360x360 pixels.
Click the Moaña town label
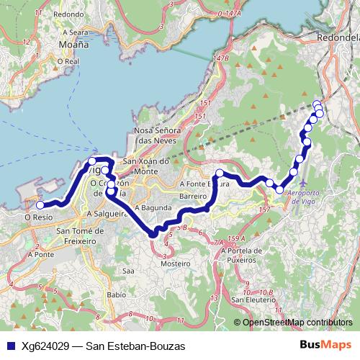[72, 45]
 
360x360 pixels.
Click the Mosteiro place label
[176, 265]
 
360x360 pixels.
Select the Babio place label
[115, 294]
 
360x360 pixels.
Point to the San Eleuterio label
[249, 300]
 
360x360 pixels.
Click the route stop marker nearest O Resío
[40, 205]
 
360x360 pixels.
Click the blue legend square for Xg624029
[9, 346]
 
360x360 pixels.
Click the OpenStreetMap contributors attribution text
[297, 323]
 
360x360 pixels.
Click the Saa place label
[129, 271]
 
